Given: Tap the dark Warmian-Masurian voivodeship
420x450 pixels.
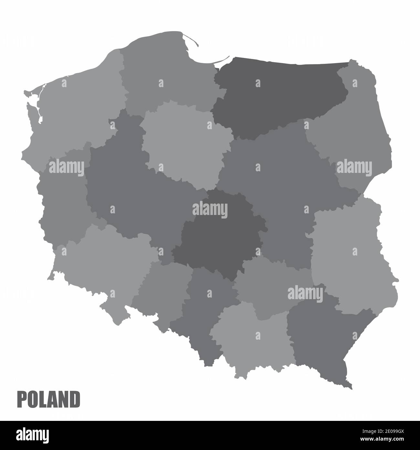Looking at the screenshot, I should [278, 94].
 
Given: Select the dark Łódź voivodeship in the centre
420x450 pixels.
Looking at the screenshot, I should [220, 240].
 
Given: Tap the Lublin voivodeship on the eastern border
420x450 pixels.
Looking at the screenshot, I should [349, 253].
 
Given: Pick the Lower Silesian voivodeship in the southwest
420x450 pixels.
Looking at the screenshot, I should [103, 265].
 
